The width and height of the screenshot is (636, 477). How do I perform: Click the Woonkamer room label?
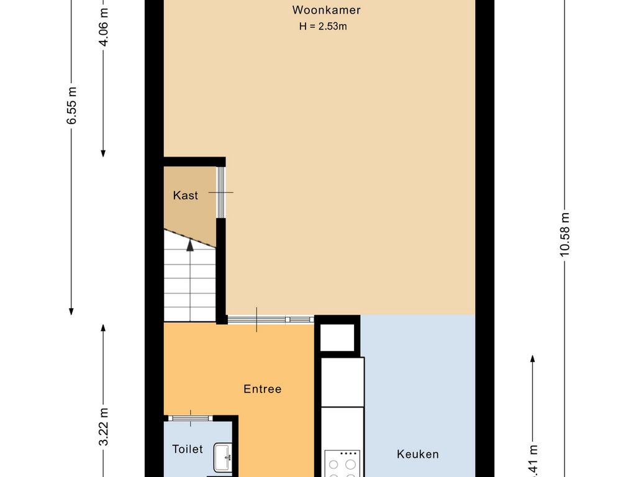(327, 10)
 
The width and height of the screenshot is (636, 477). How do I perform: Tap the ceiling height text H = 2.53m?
(323, 26)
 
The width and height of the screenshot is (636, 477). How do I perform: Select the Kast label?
(185, 196)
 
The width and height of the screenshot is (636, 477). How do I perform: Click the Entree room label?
(262, 389)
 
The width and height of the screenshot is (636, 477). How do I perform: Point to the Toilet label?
(188, 449)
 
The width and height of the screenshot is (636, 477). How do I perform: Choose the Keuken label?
(417, 455)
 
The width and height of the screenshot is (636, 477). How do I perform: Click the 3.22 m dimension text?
(104, 427)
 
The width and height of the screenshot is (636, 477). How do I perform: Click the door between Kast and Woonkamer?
(220, 193)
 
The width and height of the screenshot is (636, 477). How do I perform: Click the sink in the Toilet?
(222, 458)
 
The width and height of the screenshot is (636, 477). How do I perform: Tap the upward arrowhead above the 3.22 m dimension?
(104, 328)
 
